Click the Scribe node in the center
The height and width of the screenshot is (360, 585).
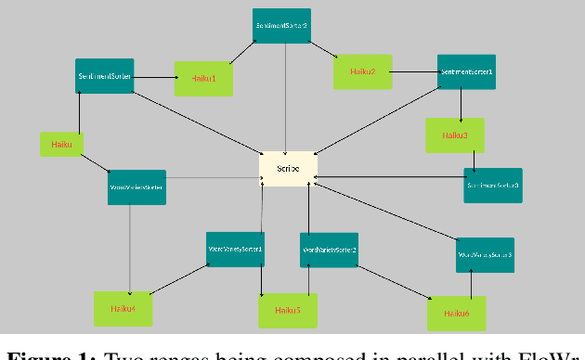(x=288, y=169)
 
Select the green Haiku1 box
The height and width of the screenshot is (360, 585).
(x=203, y=79)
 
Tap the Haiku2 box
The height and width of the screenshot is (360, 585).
(x=362, y=71)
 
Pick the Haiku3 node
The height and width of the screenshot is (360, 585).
(x=455, y=135)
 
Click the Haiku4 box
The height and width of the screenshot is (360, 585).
(x=123, y=308)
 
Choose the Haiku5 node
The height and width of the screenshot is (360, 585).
(x=287, y=310)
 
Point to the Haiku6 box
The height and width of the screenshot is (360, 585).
(x=455, y=314)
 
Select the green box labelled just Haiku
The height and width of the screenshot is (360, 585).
(x=62, y=144)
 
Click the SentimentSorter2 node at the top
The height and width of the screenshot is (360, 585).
(x=281, y=26)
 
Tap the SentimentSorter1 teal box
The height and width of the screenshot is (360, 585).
(x=466, y=72)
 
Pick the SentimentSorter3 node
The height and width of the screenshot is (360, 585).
(x=493, y=186)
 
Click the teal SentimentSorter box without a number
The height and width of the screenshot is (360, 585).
(x=104, y=76)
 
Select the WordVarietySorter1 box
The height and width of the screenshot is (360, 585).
(x=236, y=250)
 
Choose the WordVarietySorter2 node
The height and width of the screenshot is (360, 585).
(x=329, y=251)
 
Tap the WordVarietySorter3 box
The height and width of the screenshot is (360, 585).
(x=485, y=254)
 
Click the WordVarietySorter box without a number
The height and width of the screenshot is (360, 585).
(x=137, y=187)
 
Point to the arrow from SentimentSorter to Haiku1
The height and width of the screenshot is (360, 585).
(x=154, y=79)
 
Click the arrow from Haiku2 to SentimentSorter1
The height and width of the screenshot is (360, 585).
(x=414, y=71)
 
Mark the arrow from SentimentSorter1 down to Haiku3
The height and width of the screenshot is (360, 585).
(x=461, y=105)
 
